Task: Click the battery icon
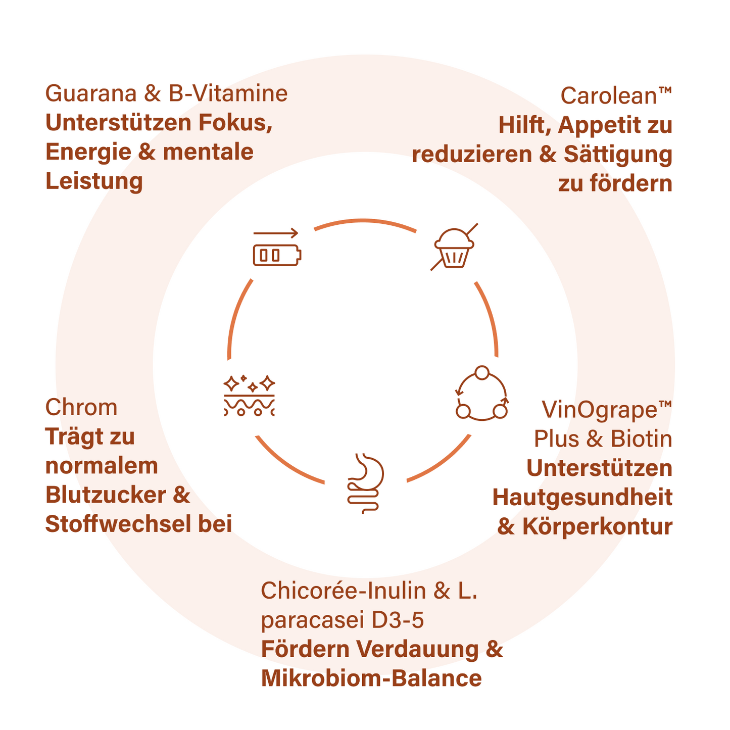[x=277, y=255]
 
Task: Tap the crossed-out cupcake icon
[x=454, y=248]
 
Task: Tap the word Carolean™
[x=616, y=95]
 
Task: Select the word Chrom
[x=81, y=407]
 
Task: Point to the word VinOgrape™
[x=607, y=409]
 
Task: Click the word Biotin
[x=642, y=439]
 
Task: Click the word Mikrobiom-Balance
[x=371, y=678]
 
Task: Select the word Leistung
[x=94, y=181]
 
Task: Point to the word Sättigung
[x=618, y=155]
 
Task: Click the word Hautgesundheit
[x=582, y=498]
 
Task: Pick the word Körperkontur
[x=597, y=527]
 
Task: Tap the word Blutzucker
[x=104, y=495]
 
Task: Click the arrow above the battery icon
[x=276, y=233]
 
